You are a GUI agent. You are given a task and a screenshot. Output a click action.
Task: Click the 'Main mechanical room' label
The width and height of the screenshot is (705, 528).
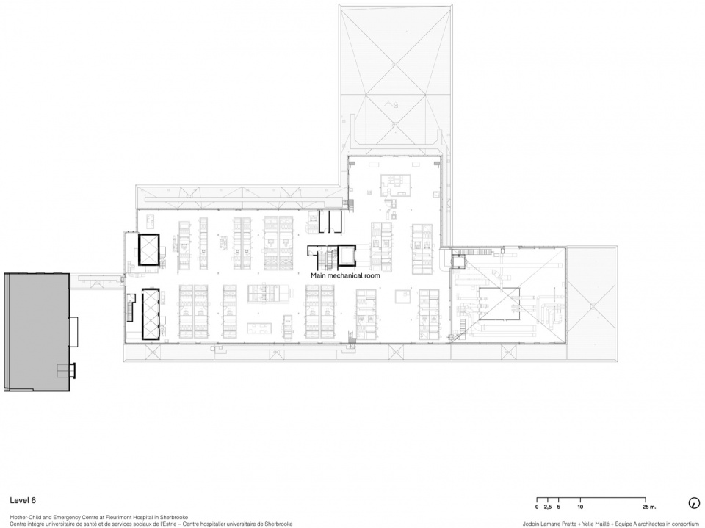[345, 275]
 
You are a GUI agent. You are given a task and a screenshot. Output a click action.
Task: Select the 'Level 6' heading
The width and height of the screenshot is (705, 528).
[23, 500]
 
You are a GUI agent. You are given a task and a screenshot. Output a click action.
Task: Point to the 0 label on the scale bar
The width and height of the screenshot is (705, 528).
[537, 507]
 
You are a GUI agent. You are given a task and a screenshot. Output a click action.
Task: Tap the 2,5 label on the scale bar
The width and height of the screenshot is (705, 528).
[548, 507]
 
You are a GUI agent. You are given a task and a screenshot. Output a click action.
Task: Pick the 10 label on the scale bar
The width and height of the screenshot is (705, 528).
[580, 507]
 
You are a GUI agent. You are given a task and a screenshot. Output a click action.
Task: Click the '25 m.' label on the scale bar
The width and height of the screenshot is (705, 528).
[646, 507]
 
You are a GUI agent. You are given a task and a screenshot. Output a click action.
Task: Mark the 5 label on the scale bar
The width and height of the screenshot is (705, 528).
[559, 507]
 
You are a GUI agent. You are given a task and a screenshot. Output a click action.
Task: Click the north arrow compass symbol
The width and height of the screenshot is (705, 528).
[694, 503]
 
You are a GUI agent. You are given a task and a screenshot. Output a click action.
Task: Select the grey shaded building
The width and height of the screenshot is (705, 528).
[37, 332]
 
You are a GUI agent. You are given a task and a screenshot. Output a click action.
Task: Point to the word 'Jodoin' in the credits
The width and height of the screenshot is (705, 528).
[529, 524]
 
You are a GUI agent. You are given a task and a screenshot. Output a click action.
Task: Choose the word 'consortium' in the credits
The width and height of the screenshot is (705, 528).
[684, 524]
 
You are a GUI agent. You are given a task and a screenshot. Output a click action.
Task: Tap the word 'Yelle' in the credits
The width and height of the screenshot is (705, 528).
[588, 524]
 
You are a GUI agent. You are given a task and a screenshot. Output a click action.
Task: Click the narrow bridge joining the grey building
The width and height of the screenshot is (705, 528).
[97, 282]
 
